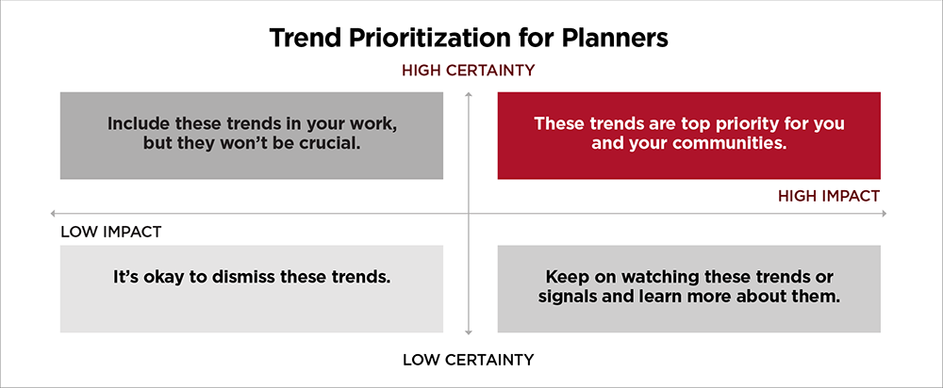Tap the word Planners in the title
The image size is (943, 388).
[x=619, y=38]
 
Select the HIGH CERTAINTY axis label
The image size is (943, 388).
[x=469, y=70]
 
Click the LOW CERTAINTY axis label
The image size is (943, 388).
[x=469, y=359]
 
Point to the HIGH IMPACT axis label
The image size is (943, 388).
[x=829, y=196]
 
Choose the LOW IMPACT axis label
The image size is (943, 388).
[x=111, y=232]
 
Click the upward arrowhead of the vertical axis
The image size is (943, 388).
[x=469, y=93]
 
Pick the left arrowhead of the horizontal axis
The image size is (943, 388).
[x=55, y=214]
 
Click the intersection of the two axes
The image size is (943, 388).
[x=469, y=214]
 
